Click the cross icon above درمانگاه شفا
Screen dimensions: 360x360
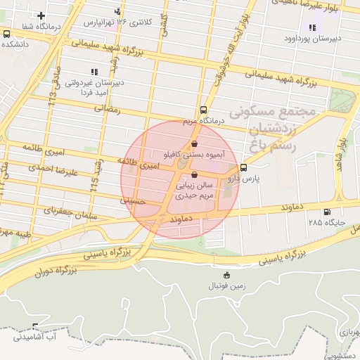pos(41,15)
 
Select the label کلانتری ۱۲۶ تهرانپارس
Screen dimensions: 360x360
pos(117,22)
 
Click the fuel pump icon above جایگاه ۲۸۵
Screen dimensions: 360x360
pos(326,212)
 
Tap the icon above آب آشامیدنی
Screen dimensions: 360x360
pos(35,327)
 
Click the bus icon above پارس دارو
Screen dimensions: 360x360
pos(243,168)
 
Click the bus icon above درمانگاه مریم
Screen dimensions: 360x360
pos(203,110)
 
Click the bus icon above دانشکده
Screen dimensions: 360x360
pos(6,33)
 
